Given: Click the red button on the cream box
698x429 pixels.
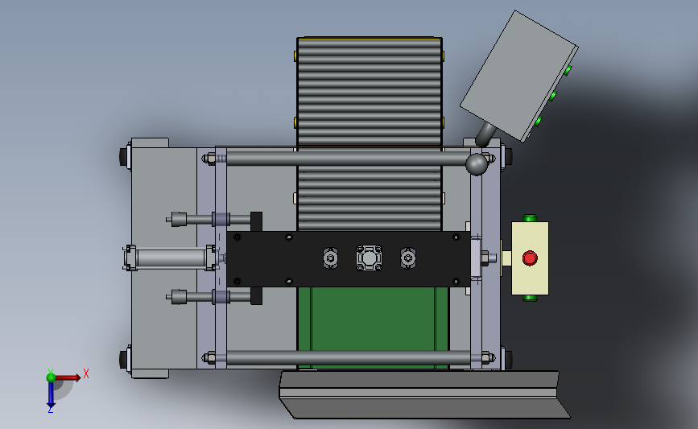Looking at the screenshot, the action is click(x=530, y=258).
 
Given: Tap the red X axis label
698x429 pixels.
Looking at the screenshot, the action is click(x=86, y=373).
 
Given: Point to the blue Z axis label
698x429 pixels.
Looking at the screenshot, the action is click(x=50, y=410).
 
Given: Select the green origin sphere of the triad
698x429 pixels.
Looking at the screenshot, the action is click(x=52, y=377).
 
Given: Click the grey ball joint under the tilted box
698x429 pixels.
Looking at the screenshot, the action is click(x=477, y=164).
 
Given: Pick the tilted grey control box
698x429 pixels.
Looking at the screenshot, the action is click(x=519, y=76).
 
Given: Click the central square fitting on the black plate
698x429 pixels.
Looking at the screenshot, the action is click(x=369, y=258).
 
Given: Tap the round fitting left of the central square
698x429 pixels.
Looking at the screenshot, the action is click(x=330, y=258).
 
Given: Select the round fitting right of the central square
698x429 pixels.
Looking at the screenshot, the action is click(x=408, y=258).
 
